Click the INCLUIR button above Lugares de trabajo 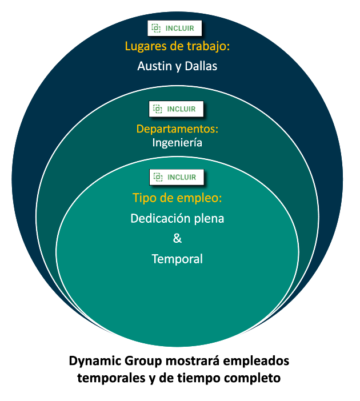click(x=175, y=28)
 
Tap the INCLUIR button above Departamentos click(x=177, y=109)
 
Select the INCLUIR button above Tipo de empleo click(x=177, y=177)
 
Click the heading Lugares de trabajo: click(x=177, y=47)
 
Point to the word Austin click(x=154, y=66)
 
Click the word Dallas click(x=201, y=66)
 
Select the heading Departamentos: click(x=177, y=129)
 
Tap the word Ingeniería click(x=177, y=143)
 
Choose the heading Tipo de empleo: click(x=177, y=198)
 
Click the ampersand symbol click(x=177, y=238)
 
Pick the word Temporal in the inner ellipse click(x=177, y=259)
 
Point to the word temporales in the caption click(x=111, y=378)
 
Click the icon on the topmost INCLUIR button click(x=156, y=28)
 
